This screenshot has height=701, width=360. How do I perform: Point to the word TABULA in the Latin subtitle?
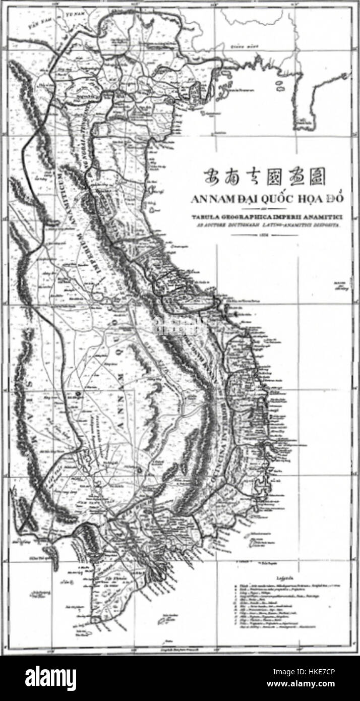[202, 217]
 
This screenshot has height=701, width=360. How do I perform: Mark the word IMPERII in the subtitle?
[282, 217]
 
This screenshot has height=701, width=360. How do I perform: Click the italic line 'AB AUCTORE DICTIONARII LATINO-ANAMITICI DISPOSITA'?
[266, 225]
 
